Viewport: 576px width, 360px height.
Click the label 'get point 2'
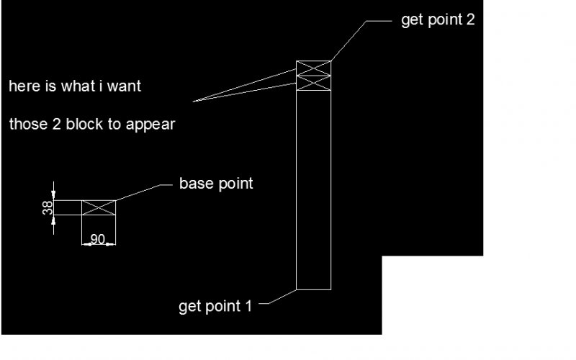[438, 20]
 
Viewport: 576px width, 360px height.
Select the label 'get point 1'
[215, 307]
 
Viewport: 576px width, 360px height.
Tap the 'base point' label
[216, 184]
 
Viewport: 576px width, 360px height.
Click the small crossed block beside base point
[98, 207]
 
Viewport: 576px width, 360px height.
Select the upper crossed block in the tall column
[314, 69]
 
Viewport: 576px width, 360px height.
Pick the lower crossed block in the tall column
[314, 84]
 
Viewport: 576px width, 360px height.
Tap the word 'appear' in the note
[150, 124]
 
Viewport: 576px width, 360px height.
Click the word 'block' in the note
[86, 124]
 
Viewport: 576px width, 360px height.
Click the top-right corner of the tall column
[330, 62]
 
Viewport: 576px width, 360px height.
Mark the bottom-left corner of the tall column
[297, 289]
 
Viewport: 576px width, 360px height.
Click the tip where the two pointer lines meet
[194, 102]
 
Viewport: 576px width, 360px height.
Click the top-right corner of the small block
[115, 201]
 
